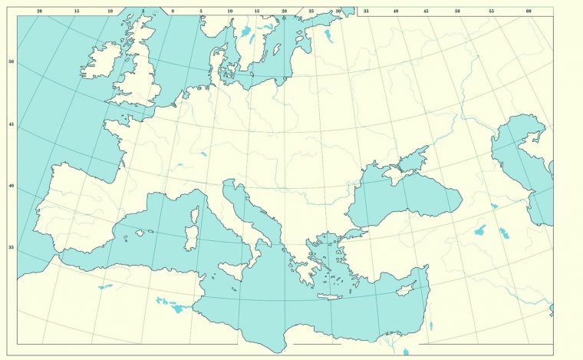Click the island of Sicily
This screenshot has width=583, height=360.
click(x=232, y=271)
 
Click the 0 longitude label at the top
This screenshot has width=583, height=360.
click(x=173, y=12)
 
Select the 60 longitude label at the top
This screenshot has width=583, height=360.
click(x=529, y=12)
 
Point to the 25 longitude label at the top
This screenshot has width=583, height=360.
click(x=311, y=12)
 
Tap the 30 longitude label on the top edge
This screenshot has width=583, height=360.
click(x=338, y=12)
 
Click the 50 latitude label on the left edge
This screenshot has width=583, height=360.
click(x=11, y=61)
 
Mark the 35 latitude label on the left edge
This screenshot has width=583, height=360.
click(x=11, y=247)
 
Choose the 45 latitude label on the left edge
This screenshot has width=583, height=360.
click(x=11, y=124)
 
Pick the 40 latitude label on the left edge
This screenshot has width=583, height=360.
click(x=11, y=186)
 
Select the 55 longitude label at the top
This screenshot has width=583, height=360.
click(x=491, y=12)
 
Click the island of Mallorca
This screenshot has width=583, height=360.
click(x=140, y=233)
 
